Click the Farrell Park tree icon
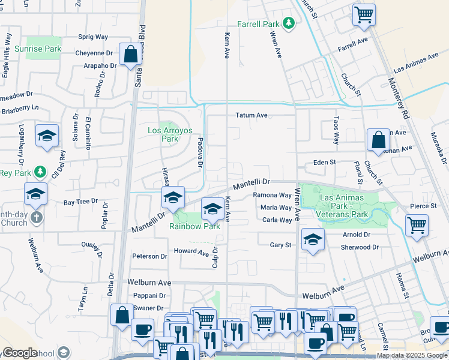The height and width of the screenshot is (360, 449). coord(290,23)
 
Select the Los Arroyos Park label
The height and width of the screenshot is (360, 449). coord(163,134)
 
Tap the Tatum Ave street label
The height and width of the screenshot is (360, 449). coord(251,115)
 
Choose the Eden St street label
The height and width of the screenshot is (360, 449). coord(324,163)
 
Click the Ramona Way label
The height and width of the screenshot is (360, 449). coord(272,195)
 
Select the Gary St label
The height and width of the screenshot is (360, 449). coord(280,245)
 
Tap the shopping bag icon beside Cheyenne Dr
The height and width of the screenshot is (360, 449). coord(130,55)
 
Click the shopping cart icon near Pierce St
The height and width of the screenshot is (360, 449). coord(417,226)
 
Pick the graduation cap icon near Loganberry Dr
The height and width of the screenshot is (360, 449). coord(47,136)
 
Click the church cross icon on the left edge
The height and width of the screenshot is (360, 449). coord(36,218)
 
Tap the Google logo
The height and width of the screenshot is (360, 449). coord(20,353)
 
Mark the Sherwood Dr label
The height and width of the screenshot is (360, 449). coord(360,247)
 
